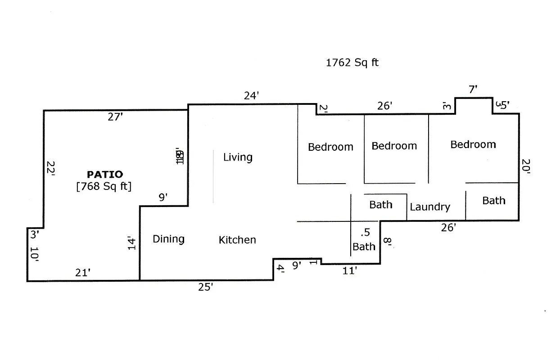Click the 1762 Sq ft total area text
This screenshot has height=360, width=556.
[x=352, y=63]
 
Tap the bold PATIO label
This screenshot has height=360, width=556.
[x=104, y=174]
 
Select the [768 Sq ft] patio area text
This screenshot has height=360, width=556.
[x=104, y=186]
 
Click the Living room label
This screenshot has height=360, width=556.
[x=238, y=157]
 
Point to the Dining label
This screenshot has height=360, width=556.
[x=168, y=239]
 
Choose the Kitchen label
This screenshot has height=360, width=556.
[x=237, y=240]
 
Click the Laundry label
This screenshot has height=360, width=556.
[x=430, y=207]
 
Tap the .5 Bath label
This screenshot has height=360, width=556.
[x=364, y=240]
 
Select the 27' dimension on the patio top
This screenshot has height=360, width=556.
[x=115, y=117]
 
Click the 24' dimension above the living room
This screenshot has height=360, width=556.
[x=251, y=96]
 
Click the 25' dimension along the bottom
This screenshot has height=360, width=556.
[x=205, y=287]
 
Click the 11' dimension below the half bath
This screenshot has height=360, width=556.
[x=350, y=271]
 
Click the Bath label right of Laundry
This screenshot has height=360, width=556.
[x=494, y=201]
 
